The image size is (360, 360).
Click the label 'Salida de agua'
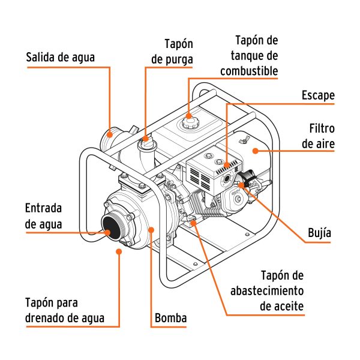pyautogui.click(x=61, y=58)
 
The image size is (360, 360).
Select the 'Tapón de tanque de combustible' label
pyautogui.click(x=248, y=56)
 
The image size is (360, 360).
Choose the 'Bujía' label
pyautogui.click(x=318, y=232)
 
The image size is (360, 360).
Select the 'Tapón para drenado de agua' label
pyautogui.click(x=65, y=310)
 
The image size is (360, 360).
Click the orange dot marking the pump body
pyautogui.click(x=150, y=229)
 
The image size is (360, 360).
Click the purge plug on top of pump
pyautogui.click(x=145, y=142)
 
